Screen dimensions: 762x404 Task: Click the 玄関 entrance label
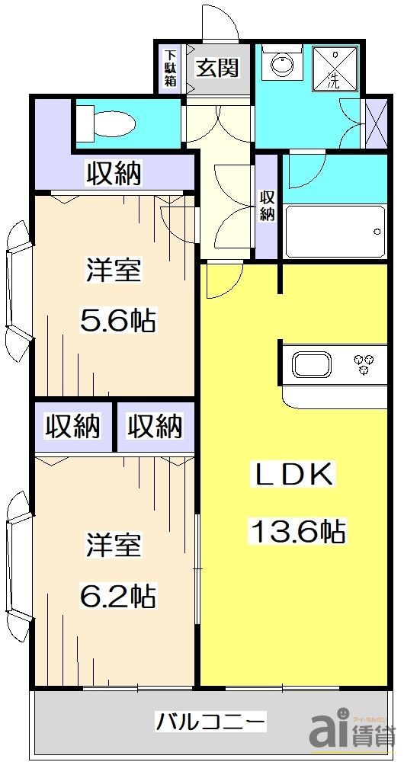point(217,68)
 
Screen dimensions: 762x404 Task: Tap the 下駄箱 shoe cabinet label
point(169,69)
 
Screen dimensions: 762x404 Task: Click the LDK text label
point(293,477)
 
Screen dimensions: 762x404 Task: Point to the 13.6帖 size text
point(298,530)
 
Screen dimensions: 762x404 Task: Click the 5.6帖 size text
point(118,321)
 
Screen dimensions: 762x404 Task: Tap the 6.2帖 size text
point(118,595)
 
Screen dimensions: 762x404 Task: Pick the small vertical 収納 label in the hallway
point(267,204)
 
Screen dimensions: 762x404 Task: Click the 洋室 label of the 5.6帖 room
point(113,271)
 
